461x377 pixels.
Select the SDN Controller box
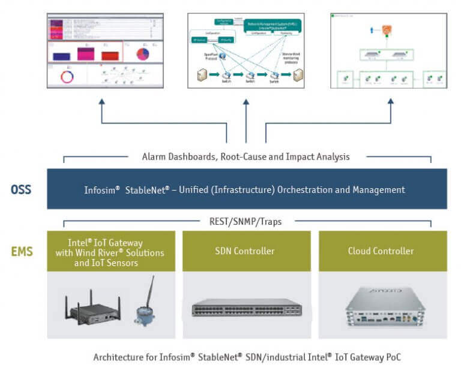tap(247, 251)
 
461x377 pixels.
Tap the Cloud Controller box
tap(381, 251)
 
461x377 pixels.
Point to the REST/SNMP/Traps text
tap(247, 221)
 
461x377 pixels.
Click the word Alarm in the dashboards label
tap(154, 157)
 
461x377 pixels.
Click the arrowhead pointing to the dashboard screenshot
tap(101, 102)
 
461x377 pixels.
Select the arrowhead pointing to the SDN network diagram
tap(246, 102)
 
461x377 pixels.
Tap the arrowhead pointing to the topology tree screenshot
tap(391, 102)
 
